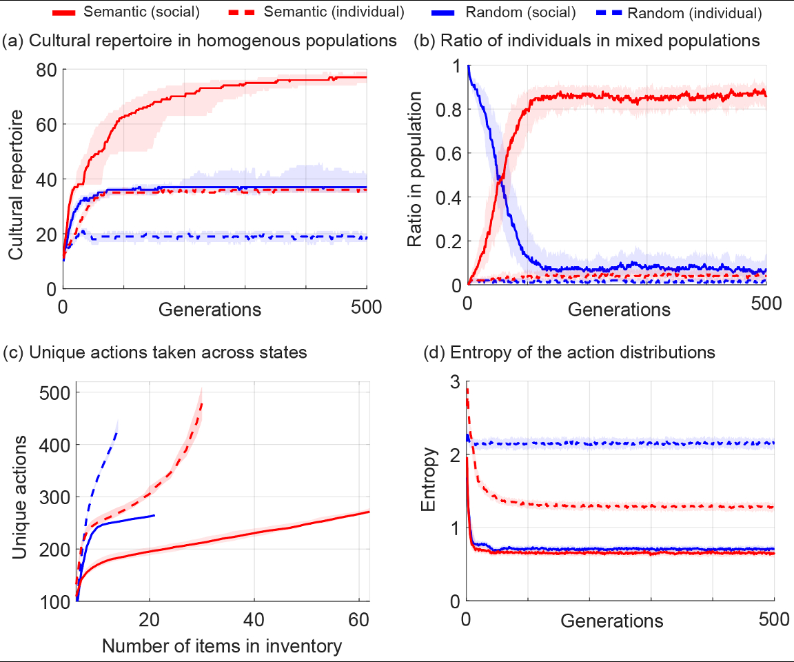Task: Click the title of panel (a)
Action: click(x=200, y=41)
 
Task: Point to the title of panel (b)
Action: click(x=586, y=41)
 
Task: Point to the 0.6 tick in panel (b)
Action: click(x=447, y=153)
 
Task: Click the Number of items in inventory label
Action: click(x=221, y=646)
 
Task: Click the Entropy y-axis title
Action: click(x=429, y=489)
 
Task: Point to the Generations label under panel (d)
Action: click(x=612, y=621)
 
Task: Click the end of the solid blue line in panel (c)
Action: click(x=154, y=515)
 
